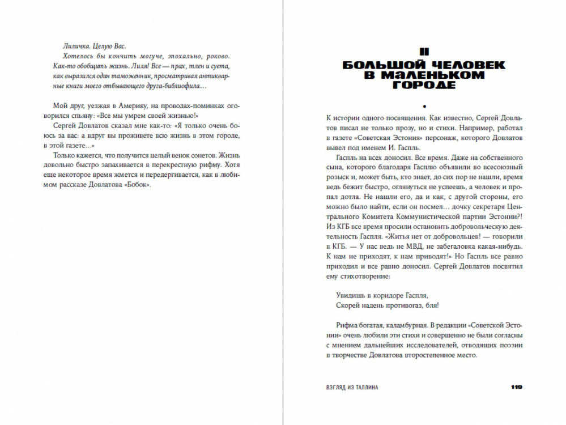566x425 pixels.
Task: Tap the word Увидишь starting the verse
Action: pyautogui.click(x=342, y=295)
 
